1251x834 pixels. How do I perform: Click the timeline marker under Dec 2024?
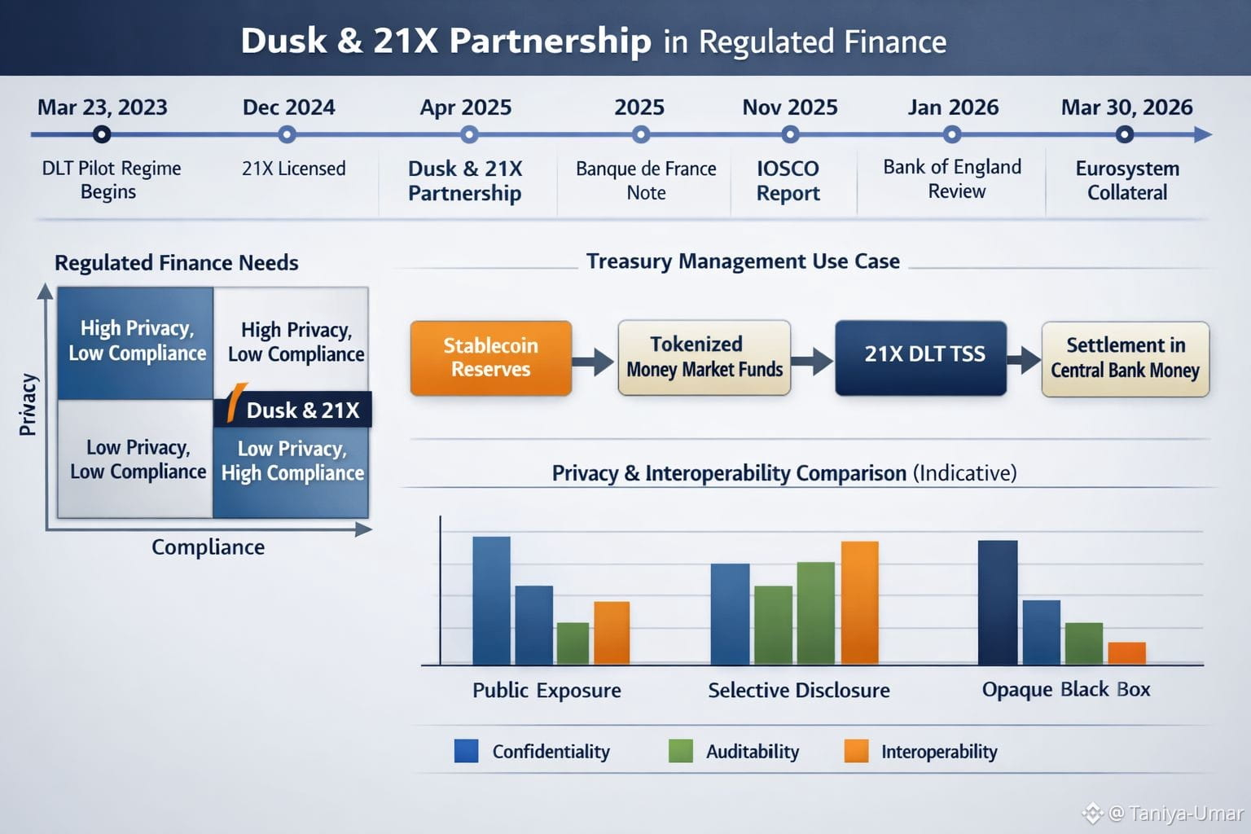287,134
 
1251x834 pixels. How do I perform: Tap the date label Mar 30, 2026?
1126,108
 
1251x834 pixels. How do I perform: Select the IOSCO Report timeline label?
788,181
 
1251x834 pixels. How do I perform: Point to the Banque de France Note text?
646,181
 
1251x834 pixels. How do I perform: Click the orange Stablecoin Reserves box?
491,358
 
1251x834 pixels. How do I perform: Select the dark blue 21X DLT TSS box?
920,358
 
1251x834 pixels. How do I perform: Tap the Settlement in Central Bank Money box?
1125,358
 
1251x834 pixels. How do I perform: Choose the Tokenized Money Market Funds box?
705,358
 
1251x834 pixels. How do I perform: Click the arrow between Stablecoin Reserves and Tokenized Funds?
594,361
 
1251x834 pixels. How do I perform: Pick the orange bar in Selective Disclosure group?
859,603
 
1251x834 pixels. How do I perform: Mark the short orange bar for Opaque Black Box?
1126,653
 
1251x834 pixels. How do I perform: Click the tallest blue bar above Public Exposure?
491,601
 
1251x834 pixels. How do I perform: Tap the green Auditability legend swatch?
680,751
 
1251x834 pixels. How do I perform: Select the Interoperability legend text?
938,752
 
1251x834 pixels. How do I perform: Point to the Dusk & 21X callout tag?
293,410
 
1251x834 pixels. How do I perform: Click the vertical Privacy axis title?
28,405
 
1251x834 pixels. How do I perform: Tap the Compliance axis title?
208,547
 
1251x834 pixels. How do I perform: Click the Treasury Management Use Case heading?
743,261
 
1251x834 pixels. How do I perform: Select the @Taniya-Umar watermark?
1165,813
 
